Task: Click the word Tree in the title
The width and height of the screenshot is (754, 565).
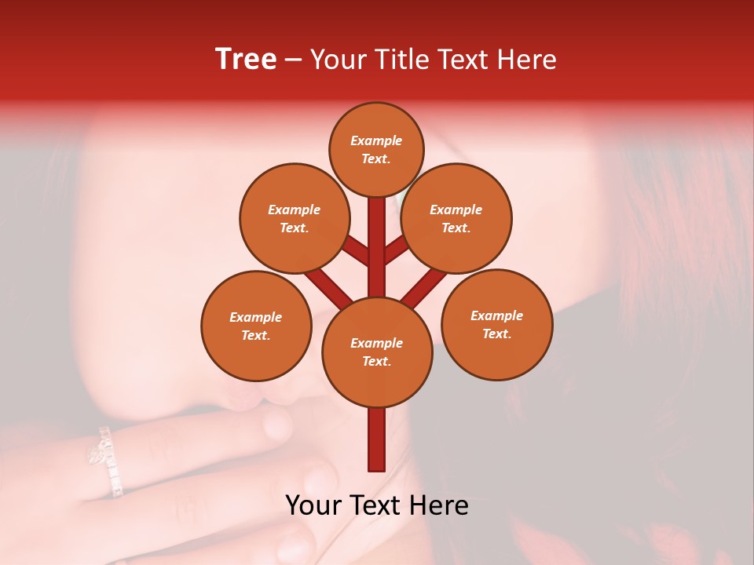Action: click(246, 59)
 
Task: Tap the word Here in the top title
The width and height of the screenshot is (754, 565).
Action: click(529, 59)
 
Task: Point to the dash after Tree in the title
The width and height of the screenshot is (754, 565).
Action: click(293, 60)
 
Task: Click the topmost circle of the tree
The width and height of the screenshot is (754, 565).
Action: click(376, 149)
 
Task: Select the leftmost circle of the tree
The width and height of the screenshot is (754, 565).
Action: click(256, 326)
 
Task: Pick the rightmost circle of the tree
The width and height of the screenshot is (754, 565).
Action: click(496, 324)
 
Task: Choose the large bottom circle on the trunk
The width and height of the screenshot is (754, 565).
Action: click(377, 352)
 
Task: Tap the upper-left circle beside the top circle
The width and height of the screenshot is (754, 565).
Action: click(294, 218)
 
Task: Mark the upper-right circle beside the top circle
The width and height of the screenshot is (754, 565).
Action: click(456, 218)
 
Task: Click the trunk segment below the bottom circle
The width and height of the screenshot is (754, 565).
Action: click(377, 439)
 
